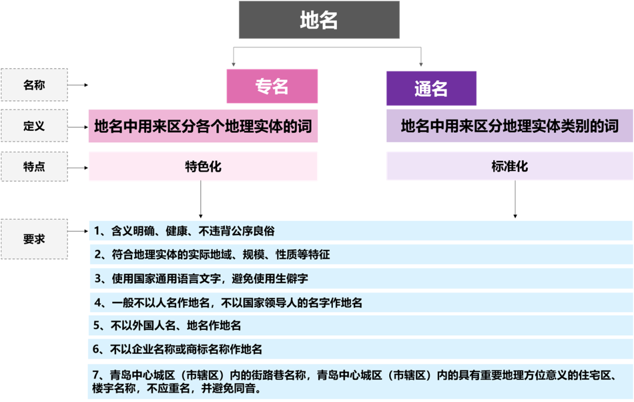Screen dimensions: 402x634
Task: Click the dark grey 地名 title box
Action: click(x=319, y=21)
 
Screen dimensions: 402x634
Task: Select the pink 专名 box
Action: click(x=272, y=87)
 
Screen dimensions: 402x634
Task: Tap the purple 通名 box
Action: click(x=431, y=89)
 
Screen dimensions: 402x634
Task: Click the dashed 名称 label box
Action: click(x=34, y=85)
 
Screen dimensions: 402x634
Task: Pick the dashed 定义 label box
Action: click(x=34, y=126)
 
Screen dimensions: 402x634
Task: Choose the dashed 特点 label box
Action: click(x=34, y=166)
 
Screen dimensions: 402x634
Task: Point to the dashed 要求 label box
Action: click(x=34, y=239)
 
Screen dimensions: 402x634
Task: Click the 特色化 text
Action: click(x=203, y=167)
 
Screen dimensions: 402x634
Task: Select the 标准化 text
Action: click(x=510, y=167)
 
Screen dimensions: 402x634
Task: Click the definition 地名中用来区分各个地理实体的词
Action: click(x=203, y=126)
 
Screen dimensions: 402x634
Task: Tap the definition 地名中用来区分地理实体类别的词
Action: click(x=510, y=126)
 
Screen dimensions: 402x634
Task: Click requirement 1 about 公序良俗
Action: click(x=184, y=231)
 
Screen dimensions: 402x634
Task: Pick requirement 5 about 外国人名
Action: click(x=167, y=326)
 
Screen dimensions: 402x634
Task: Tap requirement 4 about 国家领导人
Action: click(x=228, y=302)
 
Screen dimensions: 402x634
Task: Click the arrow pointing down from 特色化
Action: click(x=201, y=200)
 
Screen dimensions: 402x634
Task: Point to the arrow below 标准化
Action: click(x=515, y=200)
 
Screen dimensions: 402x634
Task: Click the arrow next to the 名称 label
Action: click(x=78, y=85)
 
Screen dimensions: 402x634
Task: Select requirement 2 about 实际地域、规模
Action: click(x=212, y=255)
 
